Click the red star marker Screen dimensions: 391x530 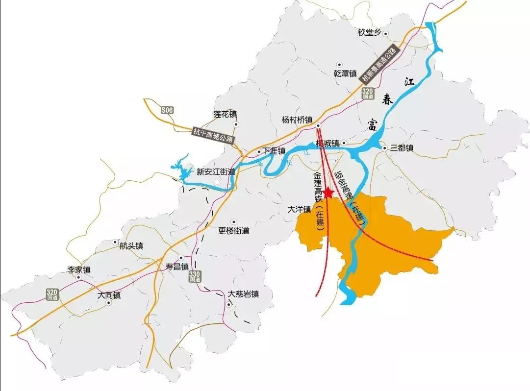328,193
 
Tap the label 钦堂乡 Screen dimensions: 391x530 369,33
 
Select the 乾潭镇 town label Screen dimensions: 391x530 345,73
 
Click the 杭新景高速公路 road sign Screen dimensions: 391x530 379,64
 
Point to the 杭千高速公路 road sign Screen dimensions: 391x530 213,135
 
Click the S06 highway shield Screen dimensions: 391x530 167,111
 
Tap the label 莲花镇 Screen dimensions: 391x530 225,114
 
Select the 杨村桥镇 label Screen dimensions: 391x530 297,120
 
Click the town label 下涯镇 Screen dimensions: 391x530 274,151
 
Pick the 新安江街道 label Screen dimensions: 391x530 216,172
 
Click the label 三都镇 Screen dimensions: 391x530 402,147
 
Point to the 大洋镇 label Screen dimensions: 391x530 299,209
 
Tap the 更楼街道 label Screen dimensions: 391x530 234,230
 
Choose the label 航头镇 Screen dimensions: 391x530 131,246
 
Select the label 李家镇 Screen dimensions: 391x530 79,270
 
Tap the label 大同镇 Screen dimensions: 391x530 109,295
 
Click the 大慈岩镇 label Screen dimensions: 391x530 243,294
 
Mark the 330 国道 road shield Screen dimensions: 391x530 195,276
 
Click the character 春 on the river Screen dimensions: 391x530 388,100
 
